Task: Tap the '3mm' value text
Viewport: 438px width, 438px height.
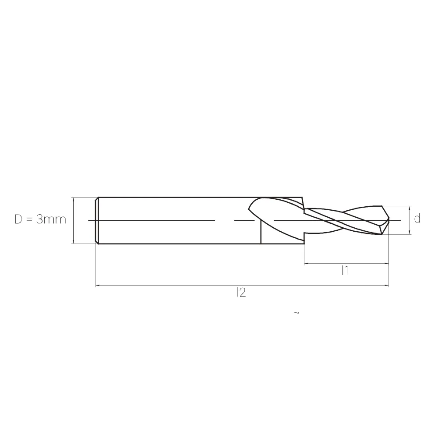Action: (51, 219)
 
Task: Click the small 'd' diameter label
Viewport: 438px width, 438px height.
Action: (417, 219)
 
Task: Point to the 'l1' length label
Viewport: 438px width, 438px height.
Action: (345, 271)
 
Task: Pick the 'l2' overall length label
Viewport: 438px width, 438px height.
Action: (240, 293)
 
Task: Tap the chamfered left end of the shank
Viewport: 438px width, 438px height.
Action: (97, 220)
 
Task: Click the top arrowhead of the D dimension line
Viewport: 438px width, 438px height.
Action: (74, 199)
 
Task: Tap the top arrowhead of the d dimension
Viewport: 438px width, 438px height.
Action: (410, 208)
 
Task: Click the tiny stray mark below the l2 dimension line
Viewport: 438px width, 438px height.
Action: (297, 313)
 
